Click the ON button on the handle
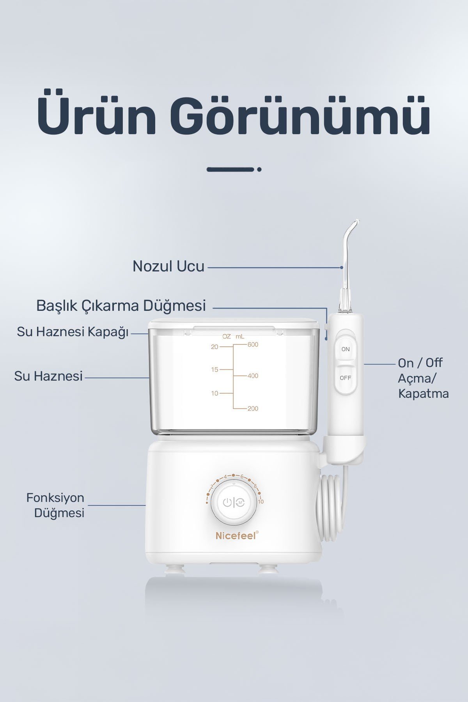(x=346, y=348)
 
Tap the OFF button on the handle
(x=346, y=378)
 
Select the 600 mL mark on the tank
(x=253, y=345)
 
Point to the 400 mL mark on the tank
(x=253, y=376)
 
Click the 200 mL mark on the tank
(x=253, y=408)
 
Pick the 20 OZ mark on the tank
(x=214, y=347)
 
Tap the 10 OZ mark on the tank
(x=214, y=394)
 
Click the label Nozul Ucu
(x=168, y=266)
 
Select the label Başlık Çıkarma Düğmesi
(x=121, y=306)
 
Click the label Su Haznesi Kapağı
(x=73, y=332)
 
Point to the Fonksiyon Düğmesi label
(x=55, y=505)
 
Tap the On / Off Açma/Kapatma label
(x=423, y=378)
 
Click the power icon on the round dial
(x=227, y=503)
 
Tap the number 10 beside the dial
(x=261, y=502)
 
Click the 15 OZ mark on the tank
(x=214, y=370)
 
